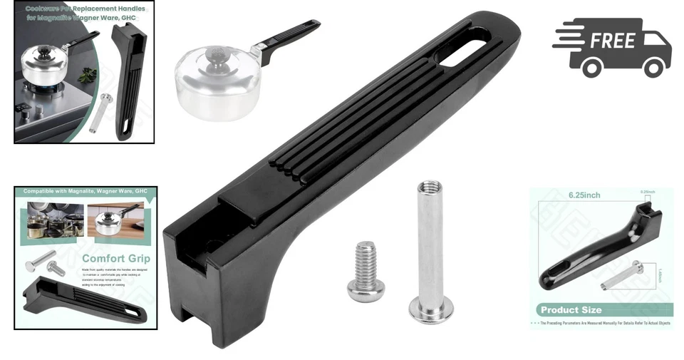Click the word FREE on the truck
pyautogui.click(x=612, y=41)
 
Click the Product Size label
pyautogui.click(x=571, y=310)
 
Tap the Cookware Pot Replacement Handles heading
pyautogui.click(x=85, y=13)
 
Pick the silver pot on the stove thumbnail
pyautogui.click(x=47, y=67)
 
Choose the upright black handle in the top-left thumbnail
pyautogui.click(x=130, y=78)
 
